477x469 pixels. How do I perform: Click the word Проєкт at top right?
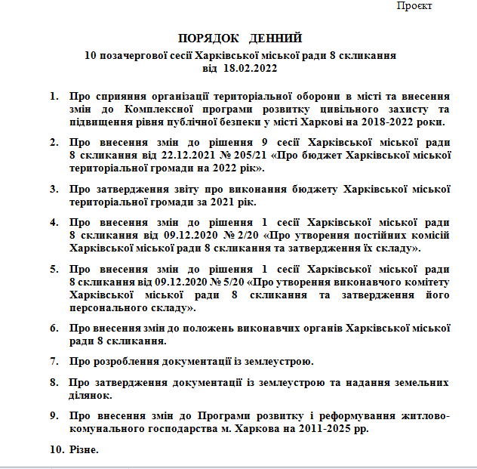(414, 6)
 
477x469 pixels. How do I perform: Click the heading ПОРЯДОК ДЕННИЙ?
(240, 38)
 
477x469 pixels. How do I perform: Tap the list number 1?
(54, 97)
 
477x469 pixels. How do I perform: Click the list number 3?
(54, 189)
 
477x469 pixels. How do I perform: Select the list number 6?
(54, 329)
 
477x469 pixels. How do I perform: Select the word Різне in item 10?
(84, 450)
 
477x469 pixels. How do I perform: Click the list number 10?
(55, 450)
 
